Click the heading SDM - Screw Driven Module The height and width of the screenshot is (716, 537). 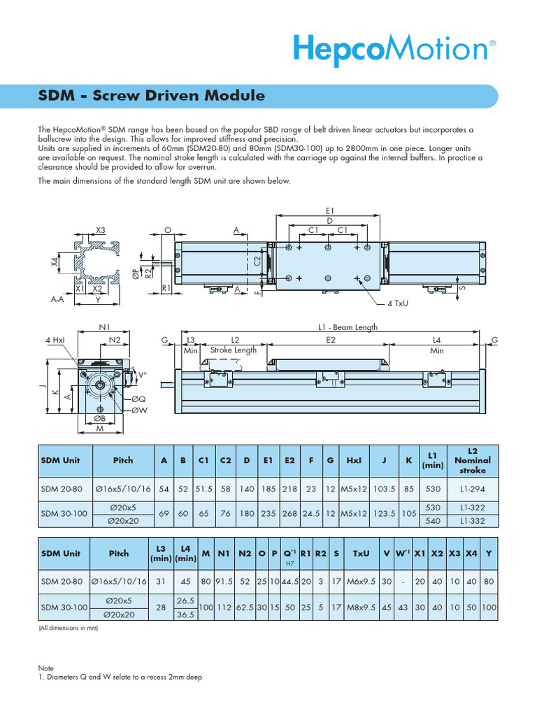(x=151, y=96)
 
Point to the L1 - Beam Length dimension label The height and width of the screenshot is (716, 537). (x=348, y=327)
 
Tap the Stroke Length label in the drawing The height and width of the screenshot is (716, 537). (x=234, y=350)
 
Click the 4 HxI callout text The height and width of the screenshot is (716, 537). (x=55, y=340)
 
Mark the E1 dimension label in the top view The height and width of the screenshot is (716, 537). (x=330, y=210)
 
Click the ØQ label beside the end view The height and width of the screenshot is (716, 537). (x=139, y=398)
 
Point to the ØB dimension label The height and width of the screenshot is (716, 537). (x=99, y=418)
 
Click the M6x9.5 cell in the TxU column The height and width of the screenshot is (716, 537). (x=361, y=581)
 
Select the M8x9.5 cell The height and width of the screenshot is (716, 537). (x=361, y=608)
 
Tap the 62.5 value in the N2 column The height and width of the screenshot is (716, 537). (x=245, y=608)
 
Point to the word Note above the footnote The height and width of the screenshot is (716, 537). (x=45, y=668)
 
